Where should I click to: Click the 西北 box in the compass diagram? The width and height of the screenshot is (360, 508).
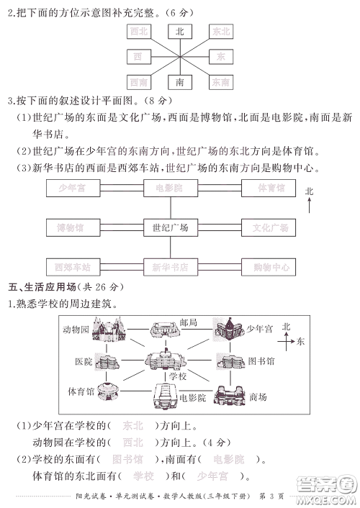pos(138,31)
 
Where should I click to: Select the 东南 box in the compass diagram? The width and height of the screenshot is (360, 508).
pos(221,83)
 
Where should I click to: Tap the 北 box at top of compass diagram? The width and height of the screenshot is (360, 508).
pos(179,31)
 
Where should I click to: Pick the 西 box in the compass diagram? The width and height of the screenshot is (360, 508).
pos(138,56)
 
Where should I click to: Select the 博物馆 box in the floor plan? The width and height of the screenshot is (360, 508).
pos(71,227)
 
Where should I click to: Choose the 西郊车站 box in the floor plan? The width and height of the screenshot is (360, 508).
pos(71,267)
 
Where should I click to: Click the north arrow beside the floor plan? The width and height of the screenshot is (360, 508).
pos(309,204)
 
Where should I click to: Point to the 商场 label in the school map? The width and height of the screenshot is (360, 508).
pos(258,396)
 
